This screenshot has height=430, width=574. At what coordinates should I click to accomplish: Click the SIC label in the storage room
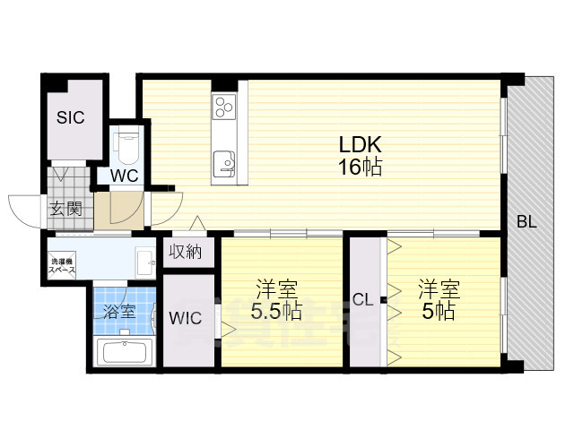tap(71, 117)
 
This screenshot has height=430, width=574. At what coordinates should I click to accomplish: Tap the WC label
tap(125, 175)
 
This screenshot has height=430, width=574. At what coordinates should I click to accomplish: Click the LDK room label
tap(360, 143)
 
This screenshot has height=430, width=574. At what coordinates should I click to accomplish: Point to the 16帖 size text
tap(360, 167)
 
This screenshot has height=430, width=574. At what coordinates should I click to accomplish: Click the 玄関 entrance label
tap(64, 211)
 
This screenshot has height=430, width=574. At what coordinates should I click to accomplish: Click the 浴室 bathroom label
tap(118, 313)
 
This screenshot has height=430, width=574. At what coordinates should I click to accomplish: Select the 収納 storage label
tap(187, 253)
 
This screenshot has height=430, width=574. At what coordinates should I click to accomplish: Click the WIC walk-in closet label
tap(187, 316)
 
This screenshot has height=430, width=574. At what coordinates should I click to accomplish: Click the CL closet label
tap(363, 299)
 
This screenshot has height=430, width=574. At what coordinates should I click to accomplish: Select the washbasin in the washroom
tap(146, 263)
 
